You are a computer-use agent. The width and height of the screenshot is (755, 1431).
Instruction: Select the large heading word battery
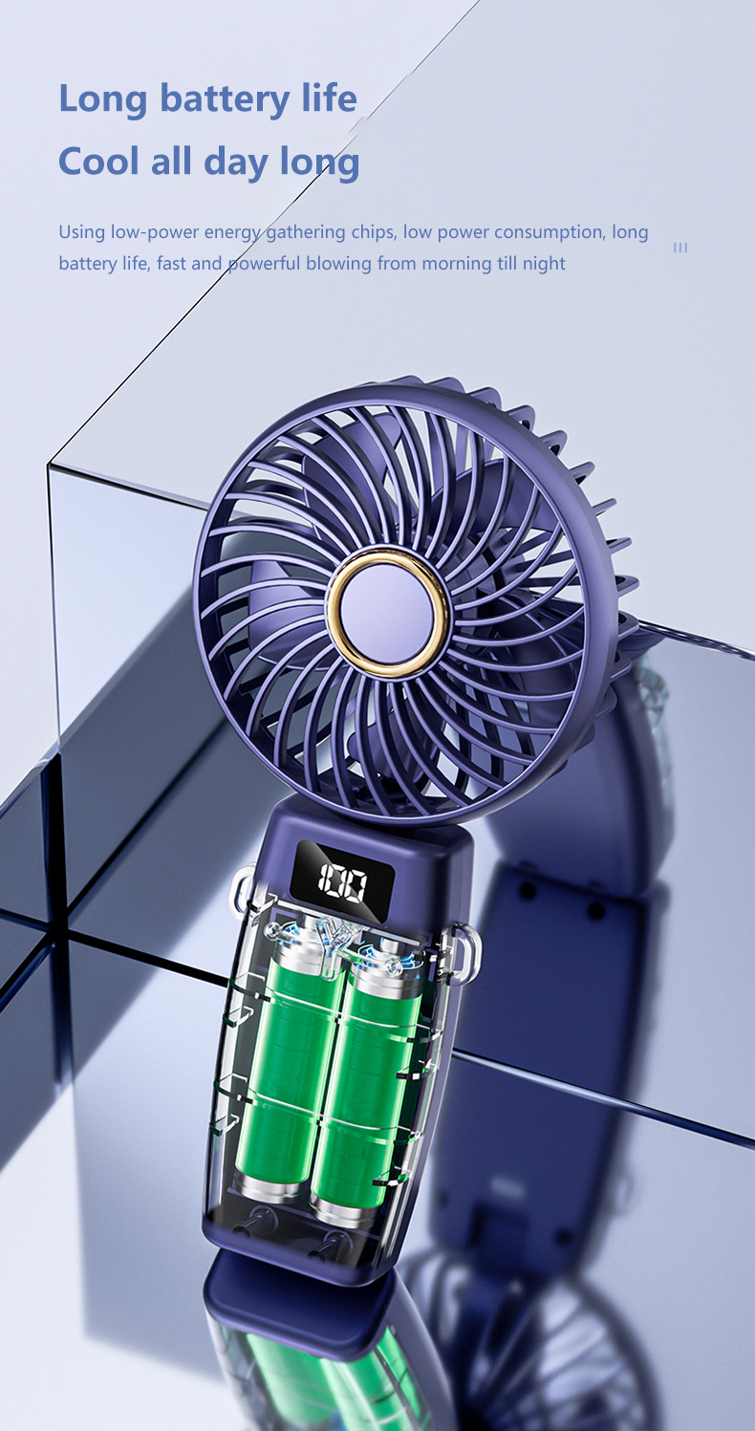point(226,99)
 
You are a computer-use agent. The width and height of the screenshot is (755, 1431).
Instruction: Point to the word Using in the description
point(81,232)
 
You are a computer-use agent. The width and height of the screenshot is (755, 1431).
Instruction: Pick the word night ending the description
point(543,263)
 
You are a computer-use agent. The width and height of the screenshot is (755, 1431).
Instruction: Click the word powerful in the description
point(264,263)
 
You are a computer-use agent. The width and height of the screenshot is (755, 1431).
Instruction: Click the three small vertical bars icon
point(680,248)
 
